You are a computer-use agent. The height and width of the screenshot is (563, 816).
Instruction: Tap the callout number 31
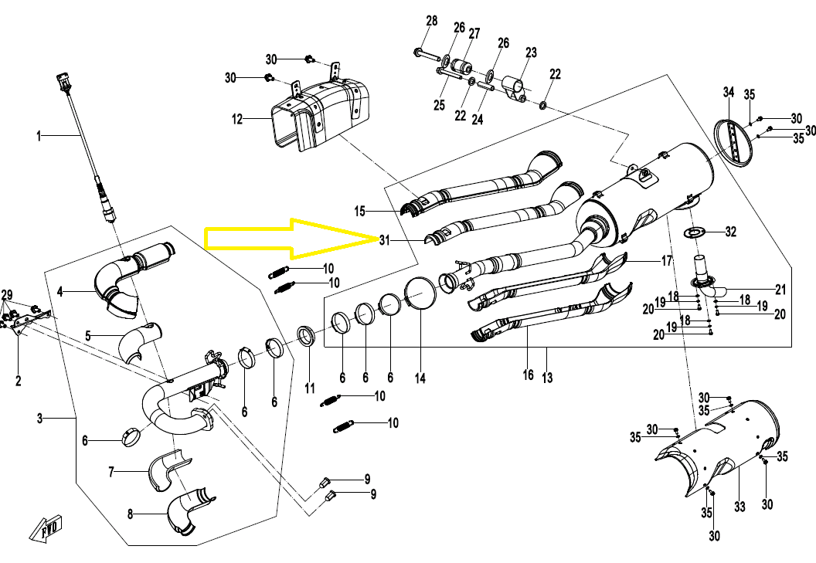pos(385,240)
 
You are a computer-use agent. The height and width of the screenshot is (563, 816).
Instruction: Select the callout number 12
pos(237,120)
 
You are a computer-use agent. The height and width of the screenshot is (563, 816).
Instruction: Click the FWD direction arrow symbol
pos(47,527)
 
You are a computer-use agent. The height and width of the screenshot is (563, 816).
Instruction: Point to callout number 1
pos(38,137)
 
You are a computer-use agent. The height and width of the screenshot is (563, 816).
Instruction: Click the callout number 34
pos(728,93)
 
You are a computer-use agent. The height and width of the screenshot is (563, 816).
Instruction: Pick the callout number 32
pos(730,231)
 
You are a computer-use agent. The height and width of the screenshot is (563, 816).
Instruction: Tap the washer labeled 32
pos(694,232)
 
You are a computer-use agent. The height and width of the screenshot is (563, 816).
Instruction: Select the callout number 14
pos(420,378)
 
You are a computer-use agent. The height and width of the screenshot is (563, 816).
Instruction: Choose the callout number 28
pos(431,20)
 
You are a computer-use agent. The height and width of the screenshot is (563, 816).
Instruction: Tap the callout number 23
pos(531,53)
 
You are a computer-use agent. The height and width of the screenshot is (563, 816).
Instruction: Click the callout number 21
pos(780,290)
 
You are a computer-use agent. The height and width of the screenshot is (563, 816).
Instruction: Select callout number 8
pos(130,514)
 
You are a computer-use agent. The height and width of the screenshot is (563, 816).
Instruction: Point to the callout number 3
pos(39,419)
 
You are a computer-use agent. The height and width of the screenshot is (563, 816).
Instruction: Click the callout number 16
pos(528,375)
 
